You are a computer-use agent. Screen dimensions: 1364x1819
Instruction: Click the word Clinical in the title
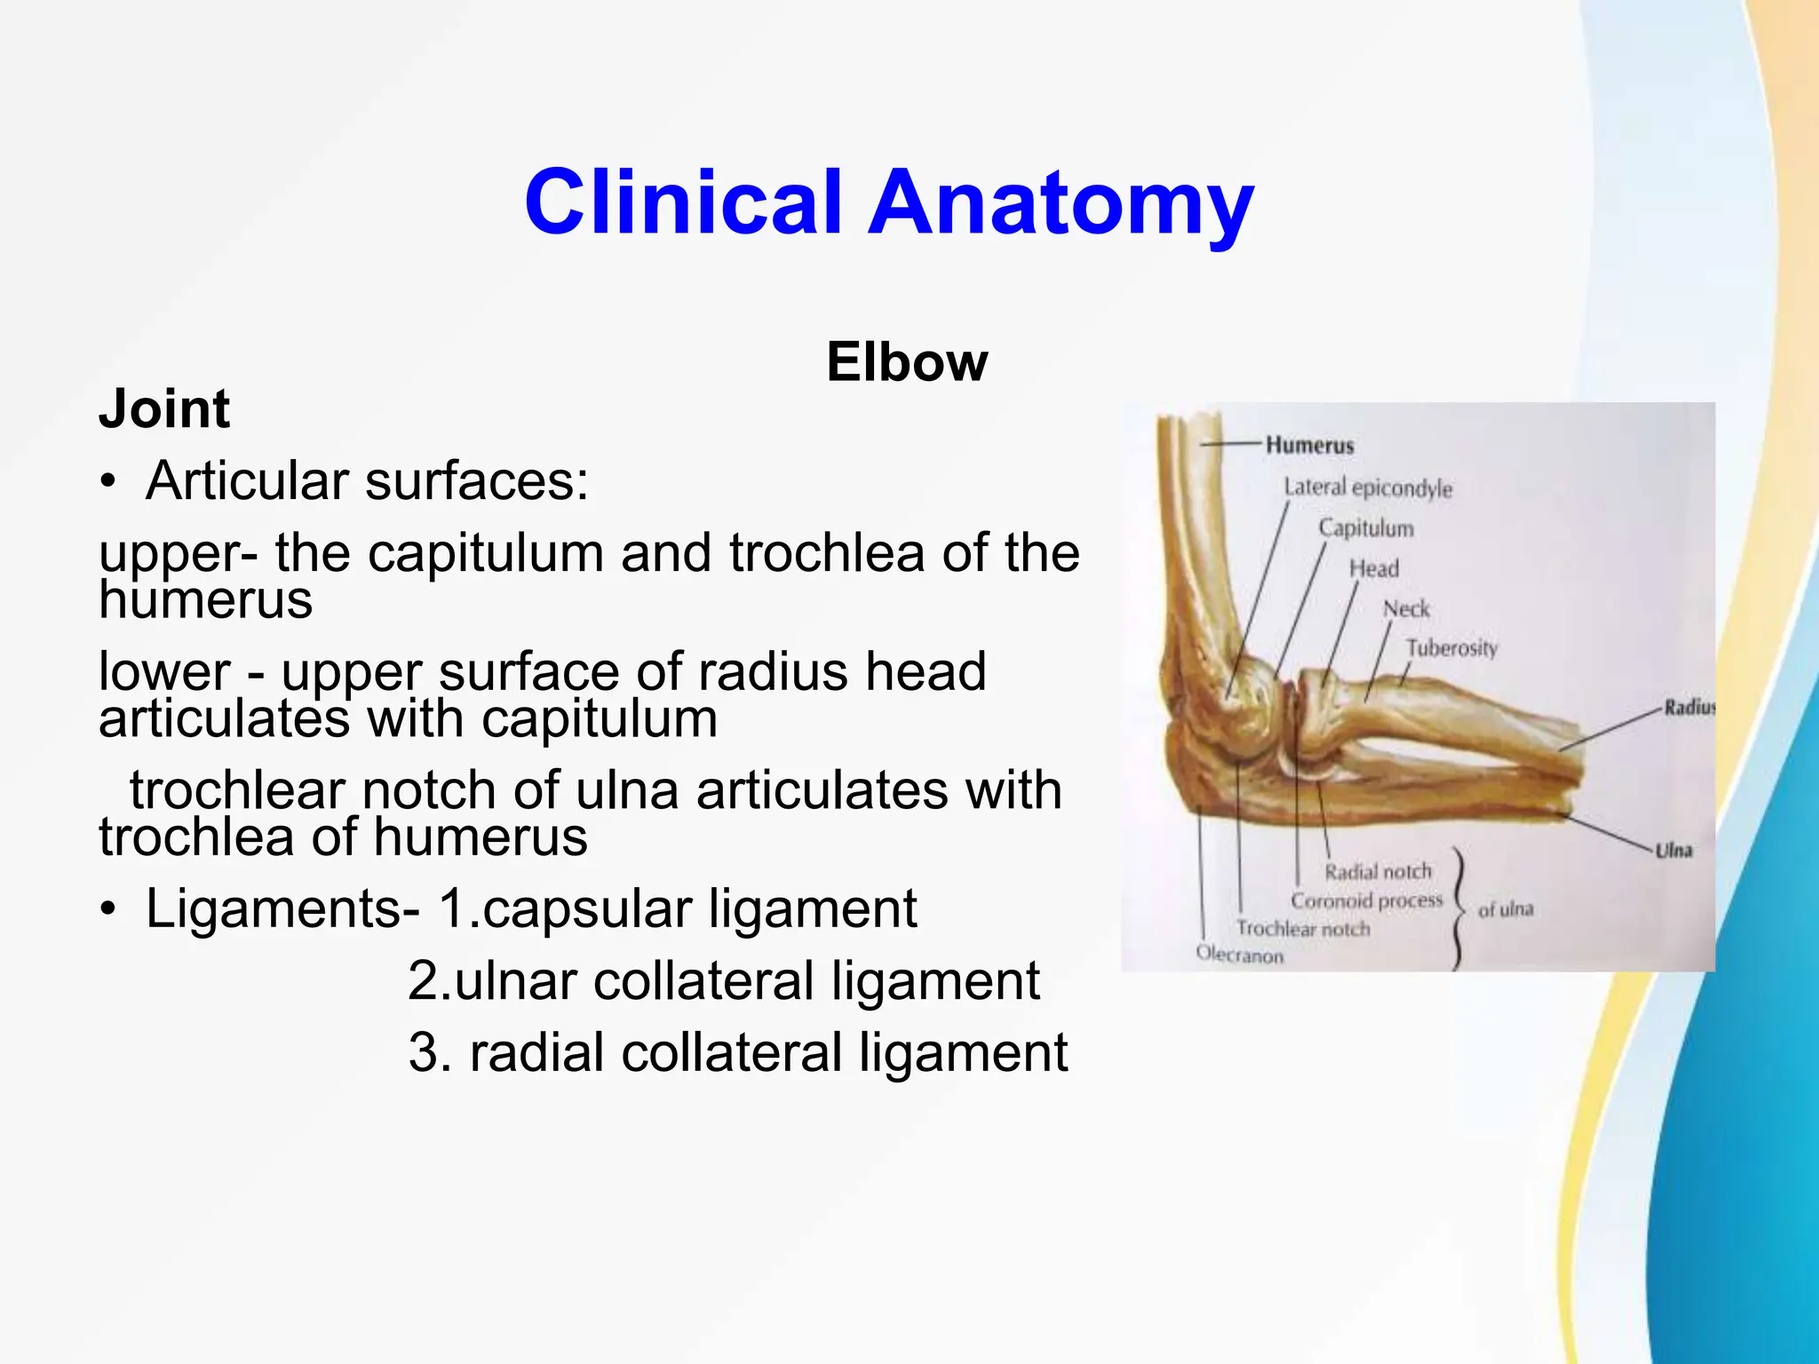pos(682,202)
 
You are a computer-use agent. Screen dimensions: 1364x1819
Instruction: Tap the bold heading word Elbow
pos(907,362)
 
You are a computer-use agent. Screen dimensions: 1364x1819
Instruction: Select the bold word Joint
pos(164,409)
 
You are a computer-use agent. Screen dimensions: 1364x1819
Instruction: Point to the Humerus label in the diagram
pos(1309,445)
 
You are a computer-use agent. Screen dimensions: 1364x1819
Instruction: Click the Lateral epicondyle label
pos(1368,488)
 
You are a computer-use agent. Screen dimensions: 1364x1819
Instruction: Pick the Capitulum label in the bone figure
pos(1365,528)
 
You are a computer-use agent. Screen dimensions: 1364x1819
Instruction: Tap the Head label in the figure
pos(1374,568)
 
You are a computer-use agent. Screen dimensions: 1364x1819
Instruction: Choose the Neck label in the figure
pos(1406,609)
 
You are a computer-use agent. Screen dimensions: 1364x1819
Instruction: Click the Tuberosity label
pos(1451,648)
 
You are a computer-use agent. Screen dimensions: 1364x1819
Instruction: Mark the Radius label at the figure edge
pos(1688,708)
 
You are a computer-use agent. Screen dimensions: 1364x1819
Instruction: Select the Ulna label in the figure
pos(1673,850)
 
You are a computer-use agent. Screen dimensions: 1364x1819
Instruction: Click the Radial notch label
pos(1378,872)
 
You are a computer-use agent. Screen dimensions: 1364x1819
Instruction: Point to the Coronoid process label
pos(1367,900)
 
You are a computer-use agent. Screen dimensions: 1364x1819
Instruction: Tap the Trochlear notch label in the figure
pos(1303,929)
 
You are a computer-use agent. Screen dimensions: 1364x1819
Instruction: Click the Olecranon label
pos(1239,956)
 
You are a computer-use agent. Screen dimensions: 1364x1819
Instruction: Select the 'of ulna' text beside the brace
pos(1505,909)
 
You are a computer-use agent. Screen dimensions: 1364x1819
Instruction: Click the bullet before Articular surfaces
pos(108,483)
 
